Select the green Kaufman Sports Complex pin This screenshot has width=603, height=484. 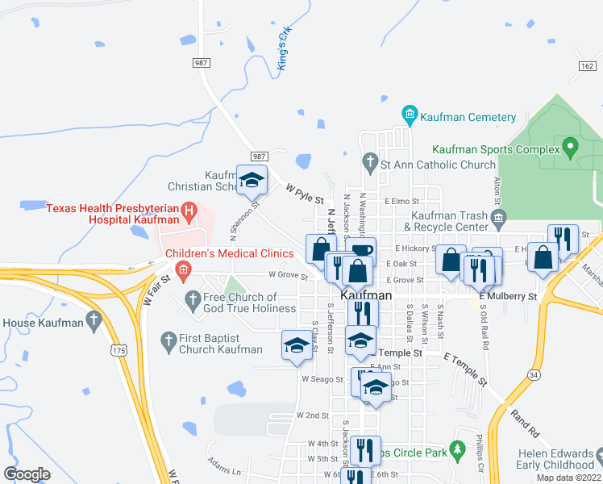pos(571,149)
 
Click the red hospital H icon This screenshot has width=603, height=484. pos(189,214)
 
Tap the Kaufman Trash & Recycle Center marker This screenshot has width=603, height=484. pos(498,216)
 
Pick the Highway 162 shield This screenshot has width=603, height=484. pos(587,66)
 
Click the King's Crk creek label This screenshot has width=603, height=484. pos(283,49)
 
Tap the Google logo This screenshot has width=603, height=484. pos(27,474)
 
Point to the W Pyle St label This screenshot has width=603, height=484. pos(304,194)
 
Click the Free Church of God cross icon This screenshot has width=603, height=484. pos(193,302)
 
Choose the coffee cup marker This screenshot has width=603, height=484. pos(362,250)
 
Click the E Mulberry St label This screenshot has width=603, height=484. pos(508,297)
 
